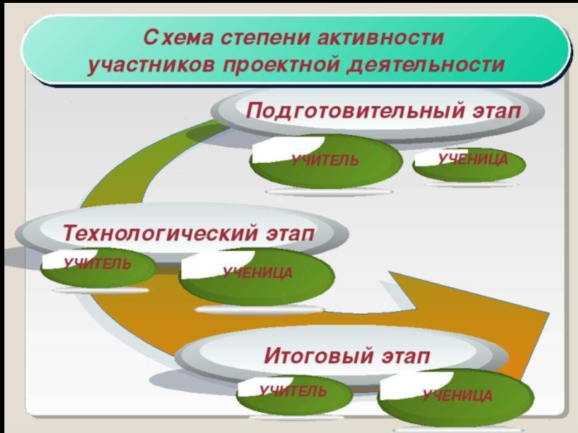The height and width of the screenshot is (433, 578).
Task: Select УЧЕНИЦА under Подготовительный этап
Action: click(473, 158)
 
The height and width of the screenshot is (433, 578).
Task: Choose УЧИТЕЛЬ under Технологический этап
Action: click(97, 264)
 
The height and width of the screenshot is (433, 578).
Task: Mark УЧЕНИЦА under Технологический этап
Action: click(257, 273)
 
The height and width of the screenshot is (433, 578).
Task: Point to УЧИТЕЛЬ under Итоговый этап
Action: click(293, 392)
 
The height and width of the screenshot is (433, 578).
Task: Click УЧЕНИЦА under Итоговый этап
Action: click(457, 395)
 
